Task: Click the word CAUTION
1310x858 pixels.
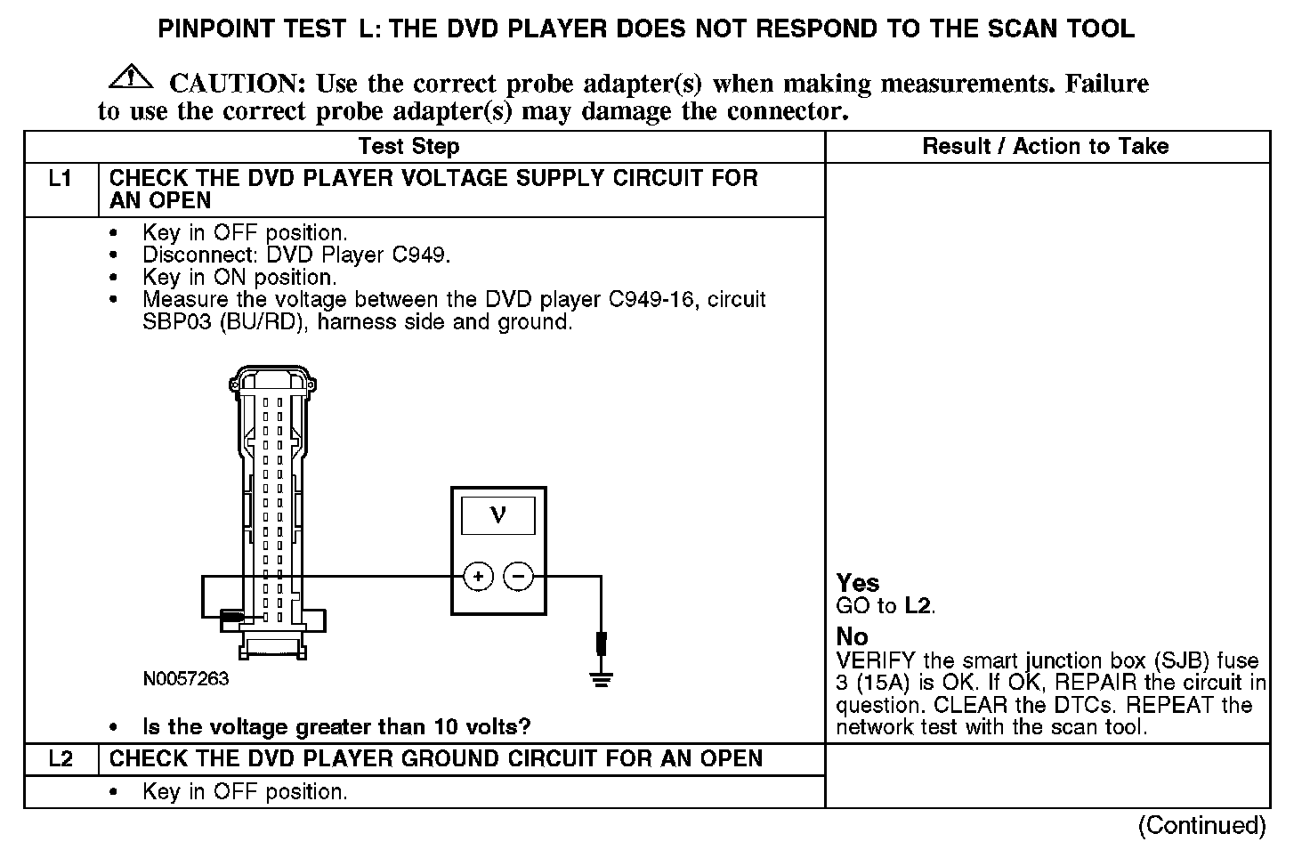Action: pos(238,84)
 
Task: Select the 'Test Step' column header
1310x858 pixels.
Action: pos(408,147)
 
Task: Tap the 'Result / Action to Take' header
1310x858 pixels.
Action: pos(1046,147)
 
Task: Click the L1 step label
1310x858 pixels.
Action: pos(60,179)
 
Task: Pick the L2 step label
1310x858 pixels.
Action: pos(60,759)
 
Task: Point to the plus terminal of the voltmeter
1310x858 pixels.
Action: pos(479,577)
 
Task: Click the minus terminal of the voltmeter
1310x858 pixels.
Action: pos(518,577)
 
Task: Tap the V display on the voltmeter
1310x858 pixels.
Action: pos(497,516)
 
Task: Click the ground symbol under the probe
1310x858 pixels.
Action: pos(602,680)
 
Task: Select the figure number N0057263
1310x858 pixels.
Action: pos(186,679)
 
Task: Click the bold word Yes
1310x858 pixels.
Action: pos(858,583)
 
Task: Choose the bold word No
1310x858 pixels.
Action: pos(852,636)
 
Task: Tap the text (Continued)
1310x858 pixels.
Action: pos(1201,825)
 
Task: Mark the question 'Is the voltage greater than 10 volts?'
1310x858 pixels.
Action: pos(336,727)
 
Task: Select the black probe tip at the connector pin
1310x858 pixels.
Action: pos(233,617)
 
